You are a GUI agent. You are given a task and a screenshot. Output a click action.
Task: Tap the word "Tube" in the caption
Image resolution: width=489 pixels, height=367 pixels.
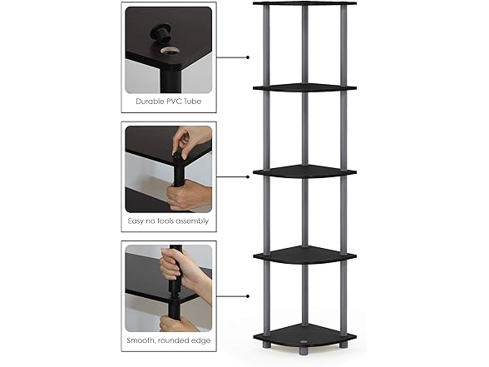tap(192, 102)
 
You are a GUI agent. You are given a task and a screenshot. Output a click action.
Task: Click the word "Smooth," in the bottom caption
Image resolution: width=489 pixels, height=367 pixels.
tap(141, 340)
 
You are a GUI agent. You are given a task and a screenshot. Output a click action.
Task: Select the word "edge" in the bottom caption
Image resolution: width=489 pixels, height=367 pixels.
tap(201, 340)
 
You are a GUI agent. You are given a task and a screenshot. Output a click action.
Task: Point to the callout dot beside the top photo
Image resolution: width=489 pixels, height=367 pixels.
tap(248, 57)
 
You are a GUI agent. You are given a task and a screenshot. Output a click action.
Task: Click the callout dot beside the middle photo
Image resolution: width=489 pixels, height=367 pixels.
tap(248, 177)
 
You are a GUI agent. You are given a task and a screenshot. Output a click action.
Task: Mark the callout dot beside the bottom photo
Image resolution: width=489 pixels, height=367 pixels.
tap(248, 296)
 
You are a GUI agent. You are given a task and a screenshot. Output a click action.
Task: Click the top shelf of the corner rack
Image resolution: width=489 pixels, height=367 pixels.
tap(304, 3)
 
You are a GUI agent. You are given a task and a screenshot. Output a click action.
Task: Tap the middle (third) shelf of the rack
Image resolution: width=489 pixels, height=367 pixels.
tap(304, 171)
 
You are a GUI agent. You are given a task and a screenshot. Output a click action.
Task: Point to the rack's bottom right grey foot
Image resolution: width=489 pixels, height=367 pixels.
tap(343, 345)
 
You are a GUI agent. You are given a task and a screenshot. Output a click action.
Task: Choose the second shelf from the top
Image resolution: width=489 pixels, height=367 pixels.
tap(304, 87)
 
